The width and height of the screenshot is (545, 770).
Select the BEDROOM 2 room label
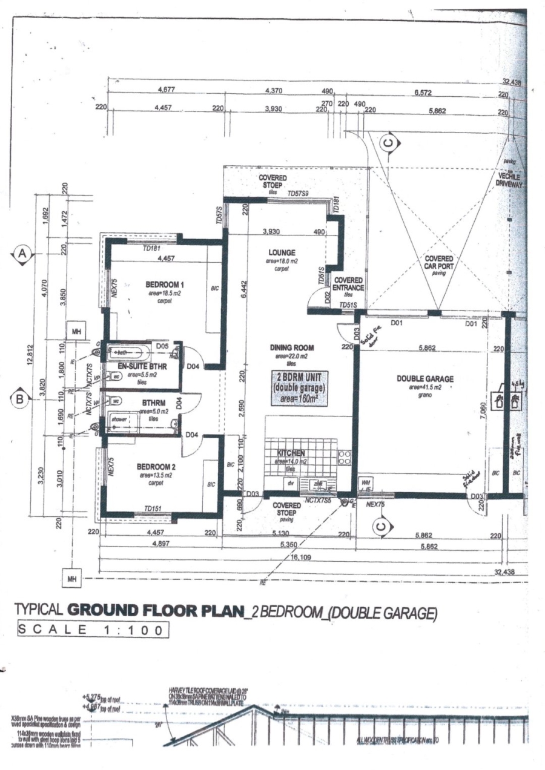(x=156, y=467)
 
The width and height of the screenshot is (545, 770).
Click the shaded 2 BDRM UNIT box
(x=298, y=387)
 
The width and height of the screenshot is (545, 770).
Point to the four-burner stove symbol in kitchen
(x=345, y=458)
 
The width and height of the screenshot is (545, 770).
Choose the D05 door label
(x=162, y=346)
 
